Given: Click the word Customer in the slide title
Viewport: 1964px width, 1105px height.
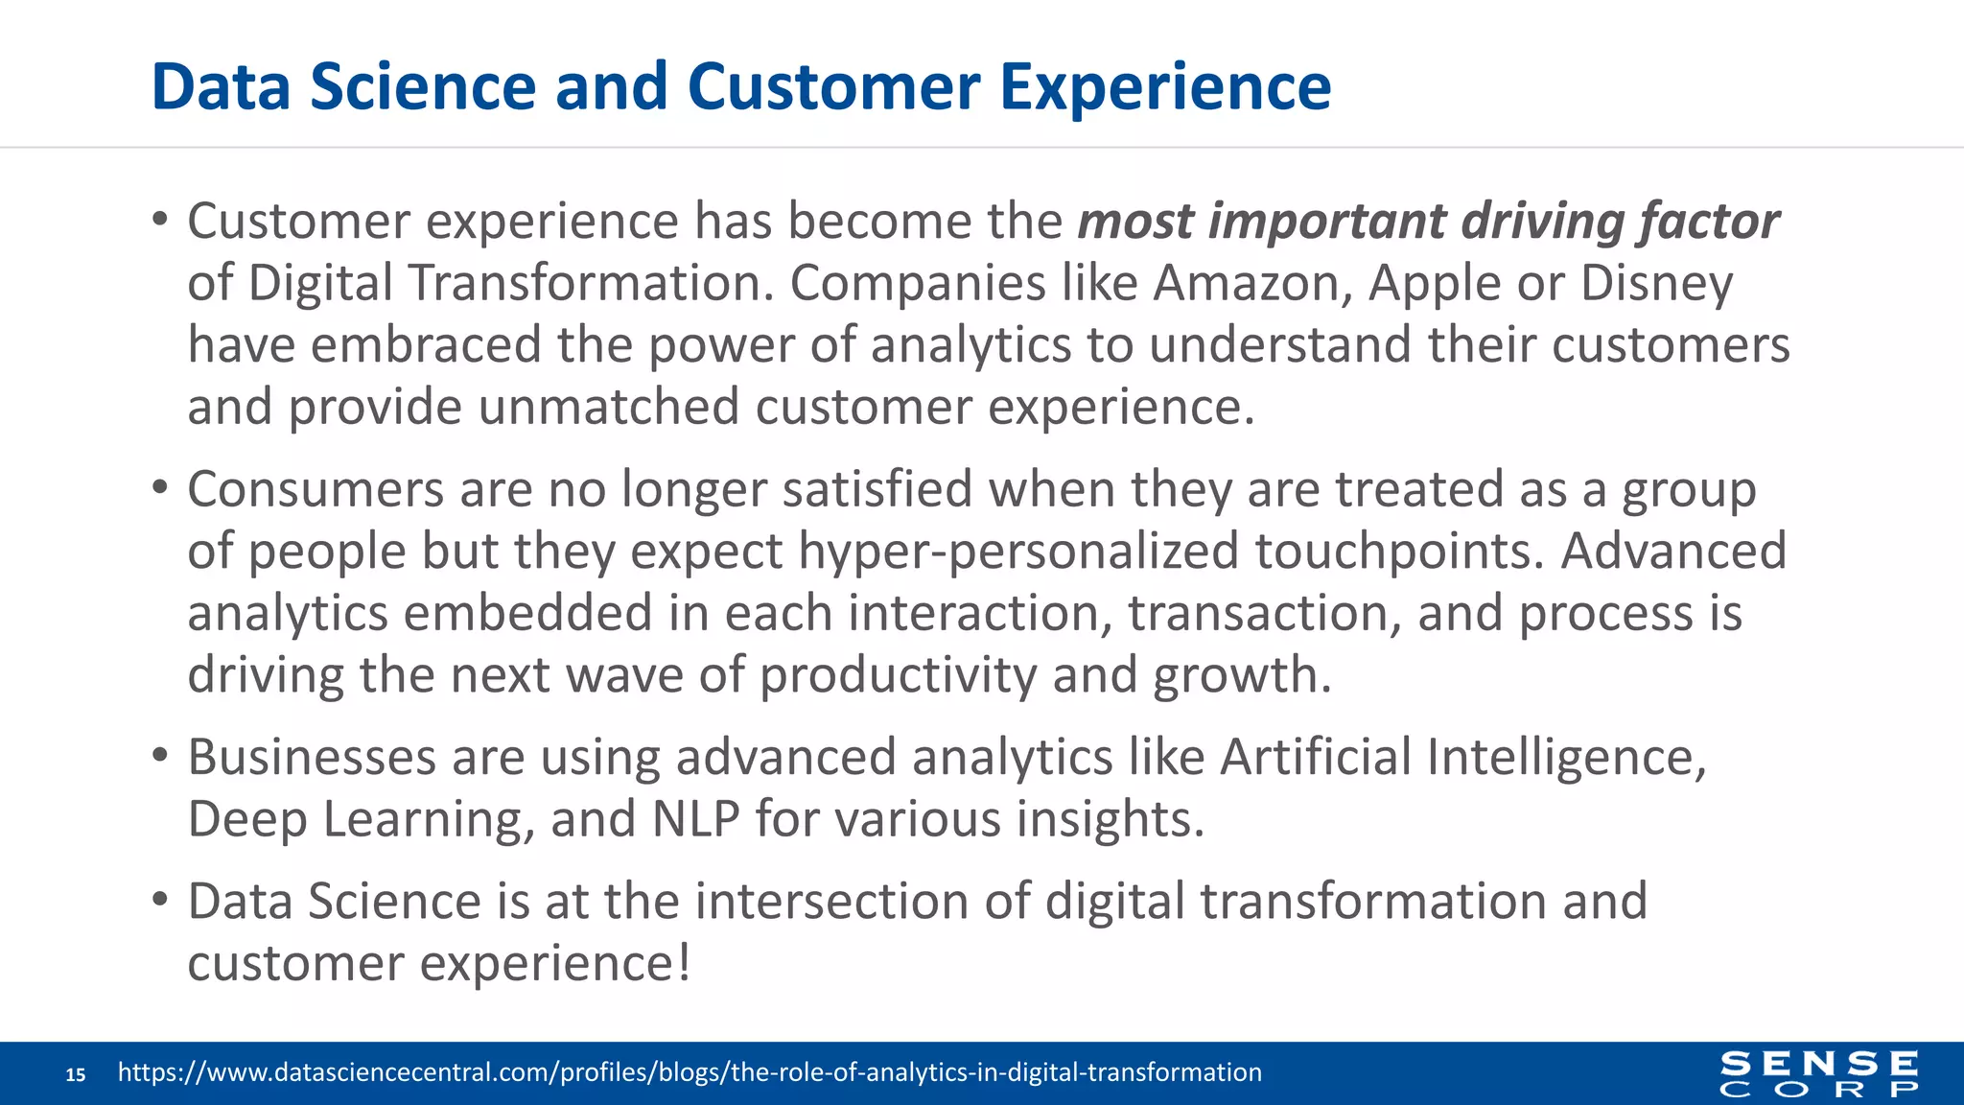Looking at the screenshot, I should click(832, 87).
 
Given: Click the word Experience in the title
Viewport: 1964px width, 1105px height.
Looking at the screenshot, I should click(1165, 87).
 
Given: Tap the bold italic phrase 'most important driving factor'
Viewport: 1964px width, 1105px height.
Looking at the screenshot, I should click(1428, 222).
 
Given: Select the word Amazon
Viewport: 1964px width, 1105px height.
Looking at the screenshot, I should click(1251, 284).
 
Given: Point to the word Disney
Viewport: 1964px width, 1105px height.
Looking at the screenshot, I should click(1656, 284).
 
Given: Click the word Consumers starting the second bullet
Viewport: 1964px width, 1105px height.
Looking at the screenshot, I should click(315, 489).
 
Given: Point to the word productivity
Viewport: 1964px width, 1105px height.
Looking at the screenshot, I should click(898, 676).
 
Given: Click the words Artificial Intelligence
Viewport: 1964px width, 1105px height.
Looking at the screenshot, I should click(1462, 758).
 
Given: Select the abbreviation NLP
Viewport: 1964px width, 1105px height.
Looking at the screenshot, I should click(695, 820).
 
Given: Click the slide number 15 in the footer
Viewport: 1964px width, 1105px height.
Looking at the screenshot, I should click(76, 1074).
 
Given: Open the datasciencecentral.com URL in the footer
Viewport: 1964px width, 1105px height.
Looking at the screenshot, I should click(690, 1072).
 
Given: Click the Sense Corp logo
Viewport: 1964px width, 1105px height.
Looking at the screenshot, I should click(1818, 1073).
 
